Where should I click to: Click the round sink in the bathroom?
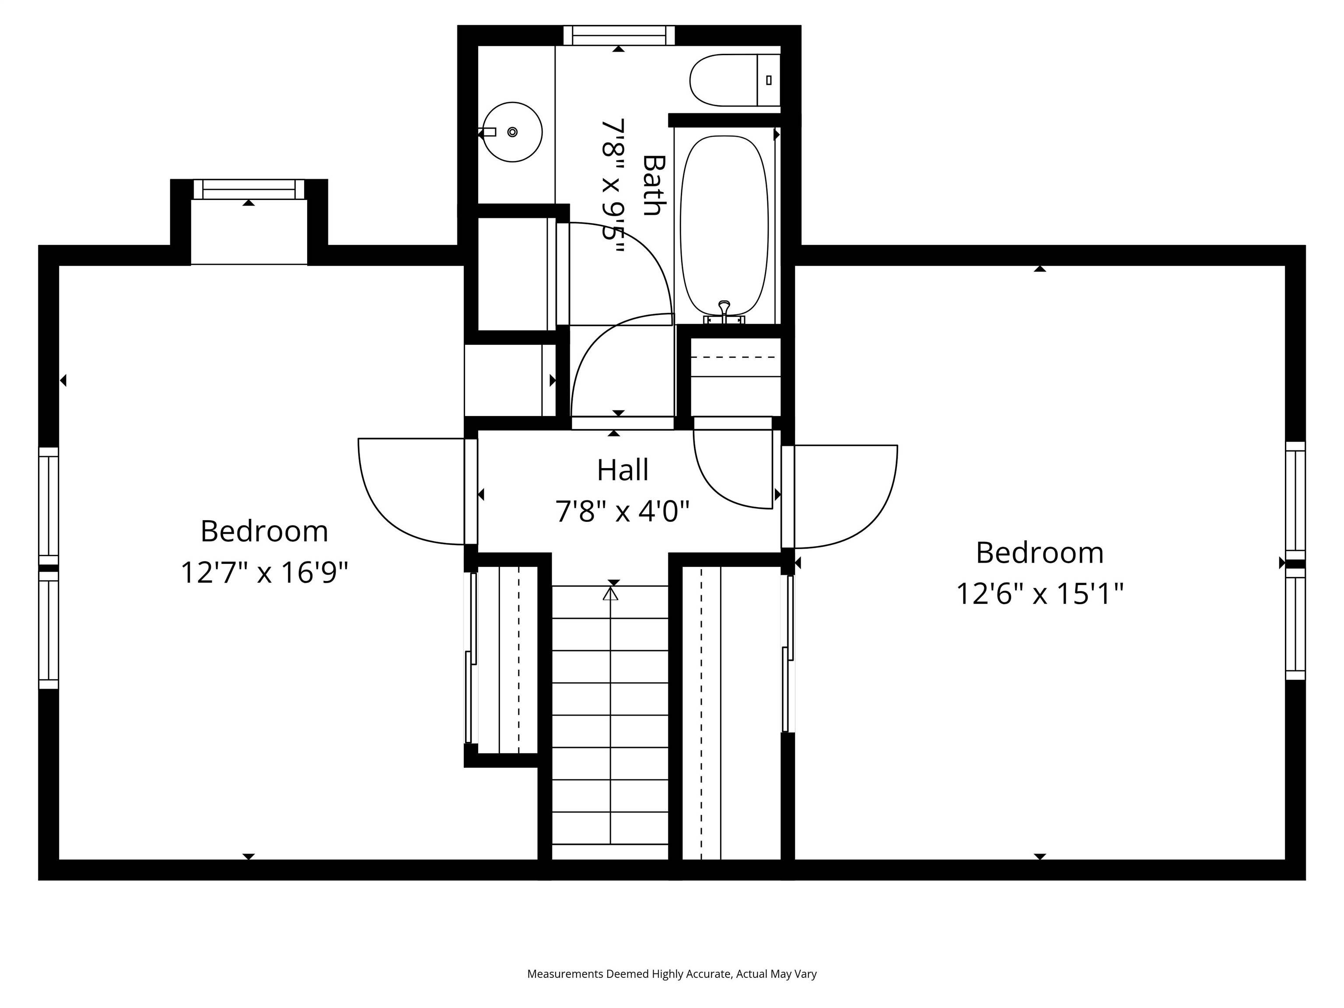tap(512, 132)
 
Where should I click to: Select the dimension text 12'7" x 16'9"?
tap(264, 572)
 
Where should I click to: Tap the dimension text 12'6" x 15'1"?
tap(1039, 594)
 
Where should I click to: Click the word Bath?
tap(654, 185)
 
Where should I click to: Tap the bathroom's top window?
tap(619, 35)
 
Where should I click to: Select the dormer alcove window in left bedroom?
tap(248, 189)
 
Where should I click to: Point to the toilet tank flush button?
tap(769, 80)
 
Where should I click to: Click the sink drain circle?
tap(512, 132)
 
